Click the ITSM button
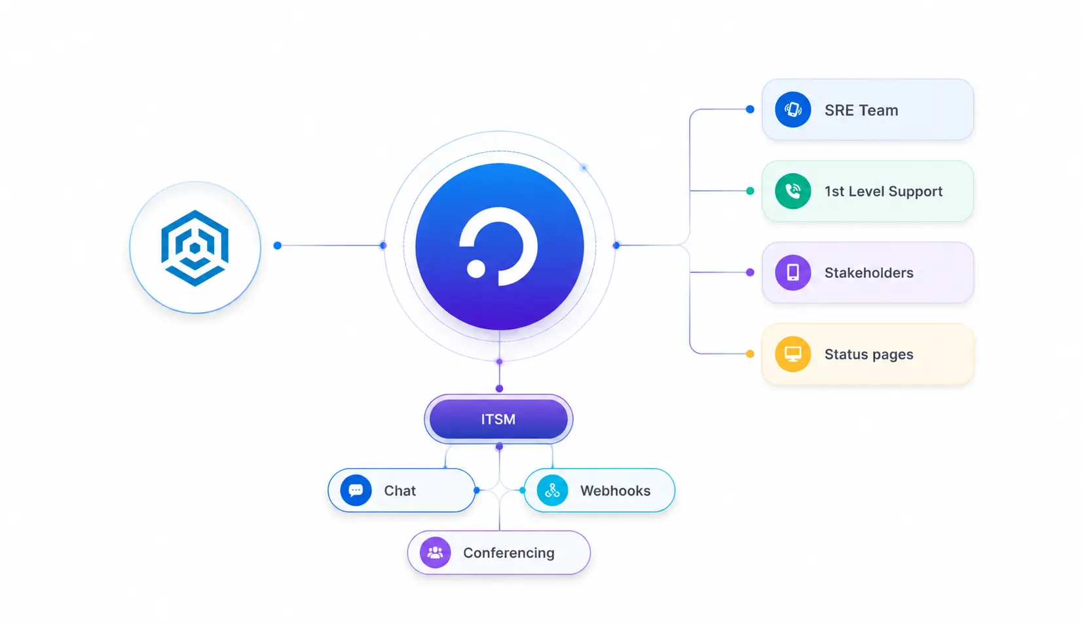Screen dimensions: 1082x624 pyautogui.click(x=498, y=419)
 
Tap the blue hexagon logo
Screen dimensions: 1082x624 pyautogui.click(x=195, y=248)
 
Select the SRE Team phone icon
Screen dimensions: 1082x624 pyautogui.click(x=793, y=109)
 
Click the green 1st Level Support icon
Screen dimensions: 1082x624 pyautogui.click(x=793, y=191)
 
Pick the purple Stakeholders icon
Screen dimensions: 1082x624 pyautogui.click(x=793, y=273)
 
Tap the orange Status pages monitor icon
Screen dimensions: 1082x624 pyautogui.click(x=793, y=354)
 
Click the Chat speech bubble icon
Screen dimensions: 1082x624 pyautogui.click(x=356, y=490)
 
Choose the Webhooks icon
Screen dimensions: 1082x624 pyautogui.click(x=552, y=490)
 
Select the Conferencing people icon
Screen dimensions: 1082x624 pyautogui.click(x=435, y=553)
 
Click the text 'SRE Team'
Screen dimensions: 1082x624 pyautogui.click(x=861, y=110)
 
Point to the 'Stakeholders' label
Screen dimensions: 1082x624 pyautogui.click(x=869, y=273)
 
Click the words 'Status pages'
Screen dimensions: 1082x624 pyautogui.click(x=869, y=355)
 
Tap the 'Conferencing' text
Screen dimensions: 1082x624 pyautogui.click(x=509, y=553)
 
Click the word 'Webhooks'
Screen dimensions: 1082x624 pyautogui.click(x=616, y=490)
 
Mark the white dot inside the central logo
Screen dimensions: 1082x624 pyautogui.click(x=476, y=269)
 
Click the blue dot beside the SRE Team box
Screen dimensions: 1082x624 pyautogui.click(x=750, y=109)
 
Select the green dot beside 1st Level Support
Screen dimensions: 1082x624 pyautogui.click(x=750, y=191)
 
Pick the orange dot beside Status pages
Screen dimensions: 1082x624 pyautogui.click(x=750, y=354)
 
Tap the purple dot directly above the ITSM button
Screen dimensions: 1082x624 pyautogui.click(x=500, y=389)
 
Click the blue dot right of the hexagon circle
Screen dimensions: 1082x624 pyautogui.click(x=277, y=246)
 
